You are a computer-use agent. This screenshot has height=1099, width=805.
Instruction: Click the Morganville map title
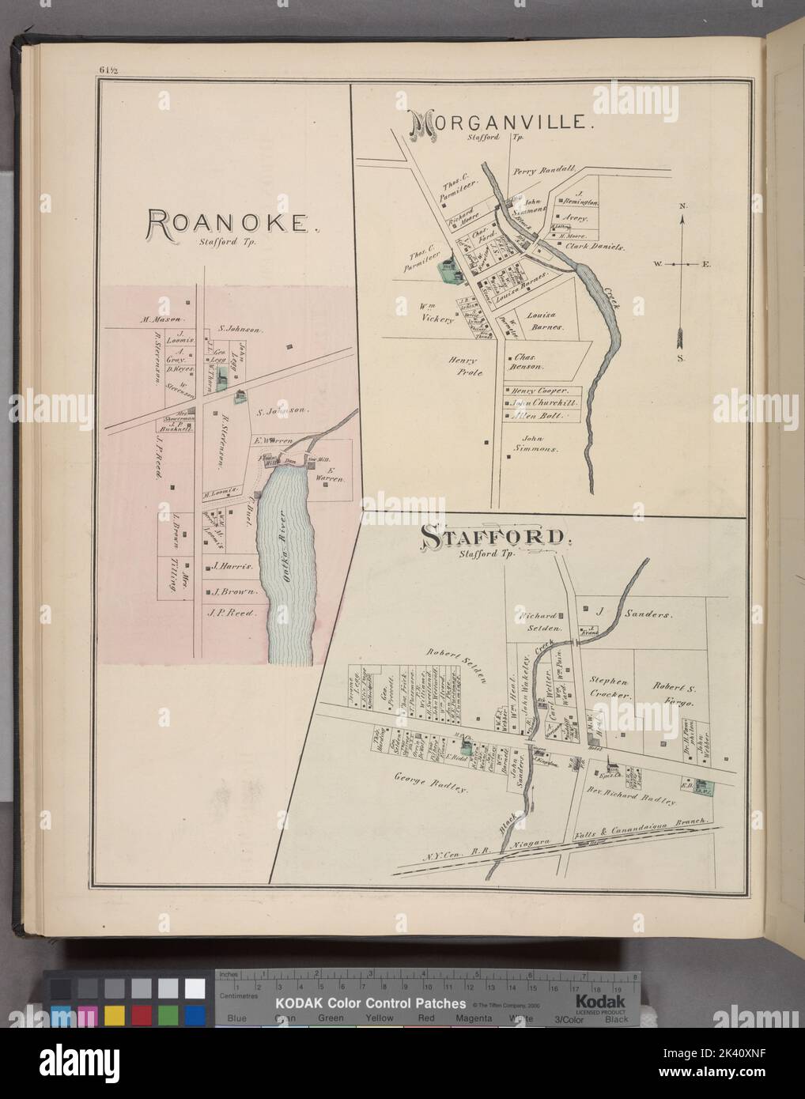click(497, 123)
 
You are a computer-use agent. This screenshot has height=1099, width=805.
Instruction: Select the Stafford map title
click(496, 537)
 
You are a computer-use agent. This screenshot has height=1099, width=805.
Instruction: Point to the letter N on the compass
click(682, 207)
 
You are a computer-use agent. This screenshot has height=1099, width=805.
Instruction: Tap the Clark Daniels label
click(595, 247)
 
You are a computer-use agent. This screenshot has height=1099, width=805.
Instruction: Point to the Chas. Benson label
click(528, 362)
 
